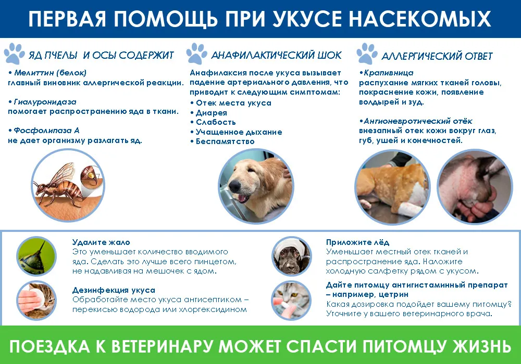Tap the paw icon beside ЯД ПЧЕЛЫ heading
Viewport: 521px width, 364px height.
(14, 54)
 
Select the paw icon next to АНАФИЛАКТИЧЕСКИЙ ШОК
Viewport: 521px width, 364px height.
(197, 54)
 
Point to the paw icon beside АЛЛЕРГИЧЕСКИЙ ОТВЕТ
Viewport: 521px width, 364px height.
(367, 54)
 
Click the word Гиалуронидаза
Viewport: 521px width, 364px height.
(45, 102)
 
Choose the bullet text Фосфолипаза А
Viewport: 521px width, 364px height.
(46, 131)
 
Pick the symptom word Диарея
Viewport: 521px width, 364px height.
(212, 113)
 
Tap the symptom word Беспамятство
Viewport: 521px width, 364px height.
(225, 141)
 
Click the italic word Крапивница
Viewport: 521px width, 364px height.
(389, 73)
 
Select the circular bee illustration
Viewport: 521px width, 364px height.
(68, 185)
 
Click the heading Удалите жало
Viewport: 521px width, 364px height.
(101, 242)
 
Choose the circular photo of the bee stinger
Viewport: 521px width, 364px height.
(36, 256)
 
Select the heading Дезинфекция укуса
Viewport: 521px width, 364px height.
(114, 290)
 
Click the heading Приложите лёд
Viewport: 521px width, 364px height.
(357, 242)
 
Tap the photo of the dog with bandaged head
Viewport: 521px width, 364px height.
(292, 256)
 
